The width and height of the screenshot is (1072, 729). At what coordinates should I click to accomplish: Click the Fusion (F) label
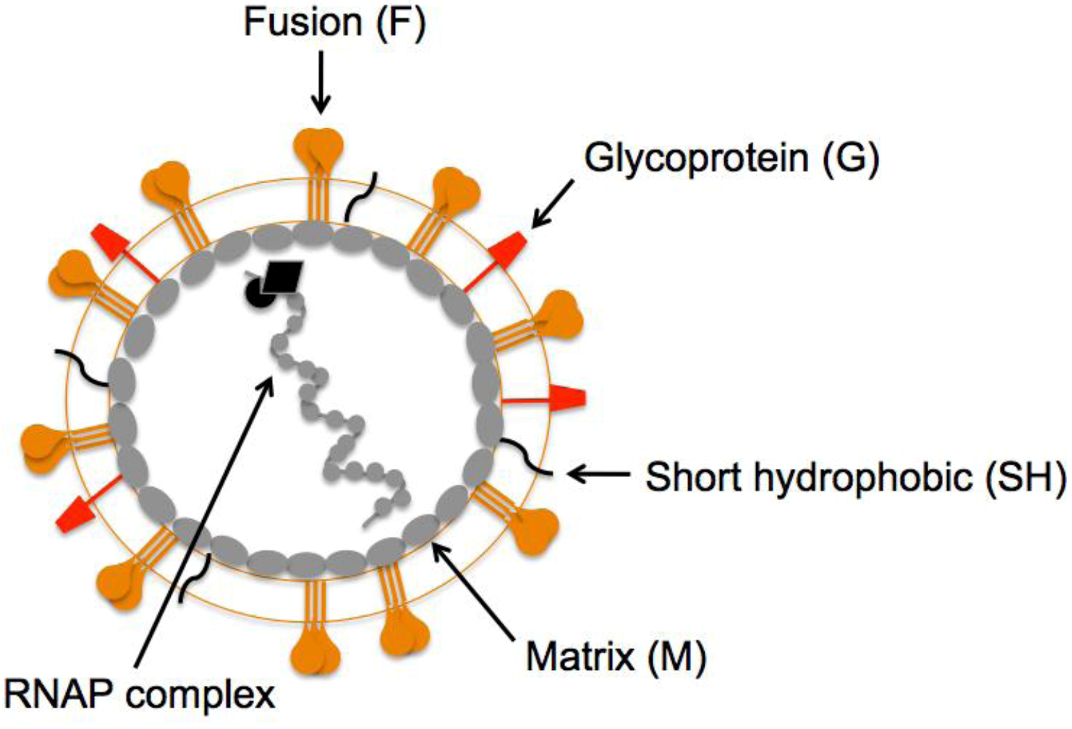tap(335, 23)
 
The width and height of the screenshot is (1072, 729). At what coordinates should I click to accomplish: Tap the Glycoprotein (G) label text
tap(731, 158)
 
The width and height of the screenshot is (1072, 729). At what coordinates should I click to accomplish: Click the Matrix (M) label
tap(615, 655)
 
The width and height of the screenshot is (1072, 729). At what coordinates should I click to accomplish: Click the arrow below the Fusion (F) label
tap(320, 82)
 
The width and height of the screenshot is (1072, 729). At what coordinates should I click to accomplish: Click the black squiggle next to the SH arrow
tap(526, 458)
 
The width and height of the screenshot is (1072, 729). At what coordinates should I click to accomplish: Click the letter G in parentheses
tap(851, 158)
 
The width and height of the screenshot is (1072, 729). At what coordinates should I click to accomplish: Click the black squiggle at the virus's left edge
tap(83, 368)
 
